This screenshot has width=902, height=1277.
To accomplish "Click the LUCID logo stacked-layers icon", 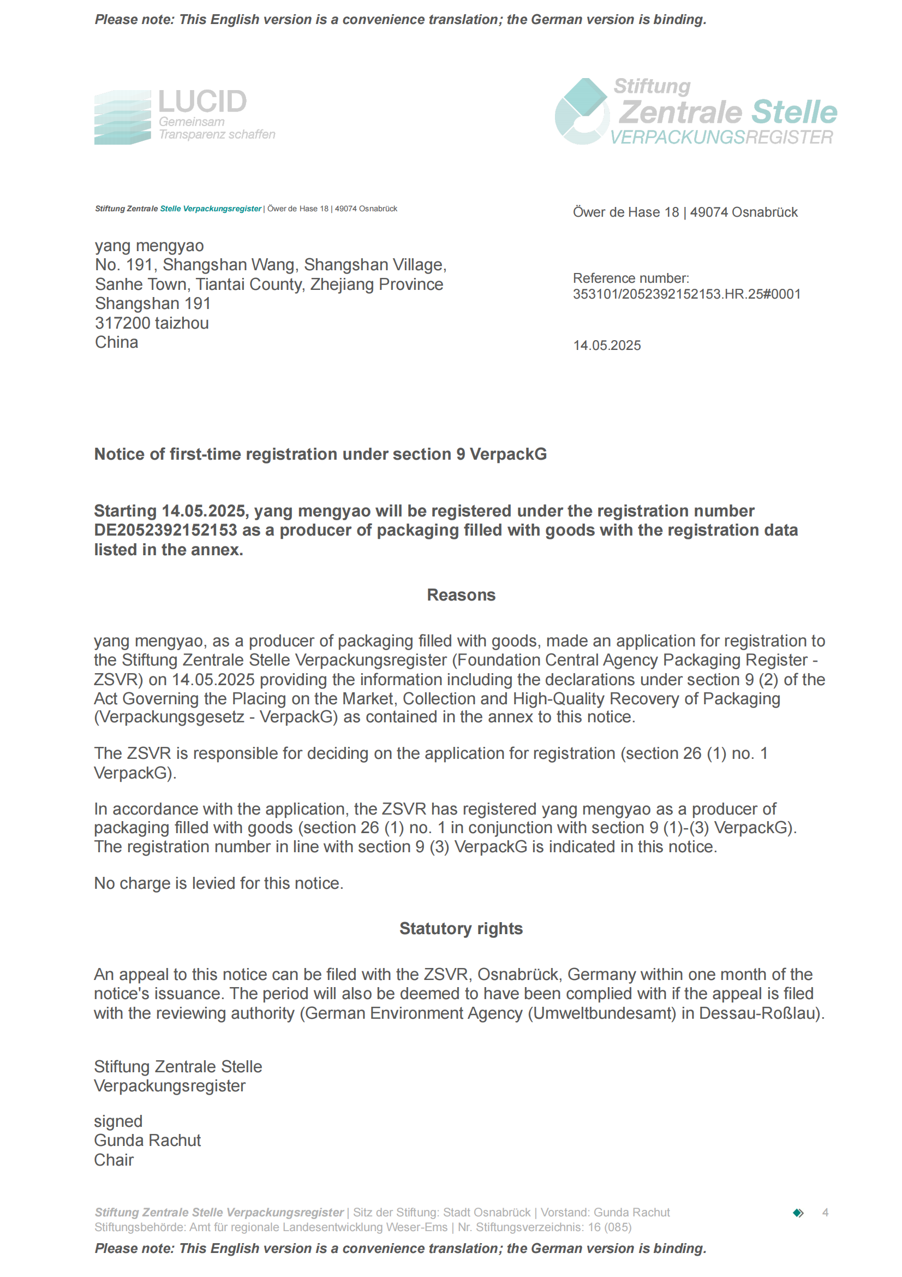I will coord(122,117).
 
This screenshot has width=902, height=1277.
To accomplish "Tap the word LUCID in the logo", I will coord(202,102).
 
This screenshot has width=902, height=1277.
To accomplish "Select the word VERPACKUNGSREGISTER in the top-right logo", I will coord(721,138).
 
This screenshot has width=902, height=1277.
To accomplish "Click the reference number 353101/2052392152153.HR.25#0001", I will coord(686,294).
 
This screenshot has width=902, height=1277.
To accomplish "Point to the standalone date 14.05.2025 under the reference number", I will coord(607,346).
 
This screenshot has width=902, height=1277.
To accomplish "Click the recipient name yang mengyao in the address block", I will coord(149,246).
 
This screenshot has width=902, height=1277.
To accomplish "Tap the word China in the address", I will coord(116,343).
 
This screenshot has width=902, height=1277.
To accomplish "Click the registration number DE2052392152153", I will coord(166,530).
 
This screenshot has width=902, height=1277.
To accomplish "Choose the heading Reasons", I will coord(461,595).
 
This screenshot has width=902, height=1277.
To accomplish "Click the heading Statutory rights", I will coord(461,928).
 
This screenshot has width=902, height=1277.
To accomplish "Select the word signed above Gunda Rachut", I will coord(118,1121).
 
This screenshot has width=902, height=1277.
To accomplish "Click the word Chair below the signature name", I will coord(114,1160).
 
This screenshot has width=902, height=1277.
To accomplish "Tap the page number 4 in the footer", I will coord(825,1213).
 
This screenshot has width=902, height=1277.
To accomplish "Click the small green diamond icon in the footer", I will coord(798,1213).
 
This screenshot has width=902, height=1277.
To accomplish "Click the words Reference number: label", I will coord(631,278).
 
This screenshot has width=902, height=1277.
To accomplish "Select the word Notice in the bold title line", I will coord(120,454).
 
